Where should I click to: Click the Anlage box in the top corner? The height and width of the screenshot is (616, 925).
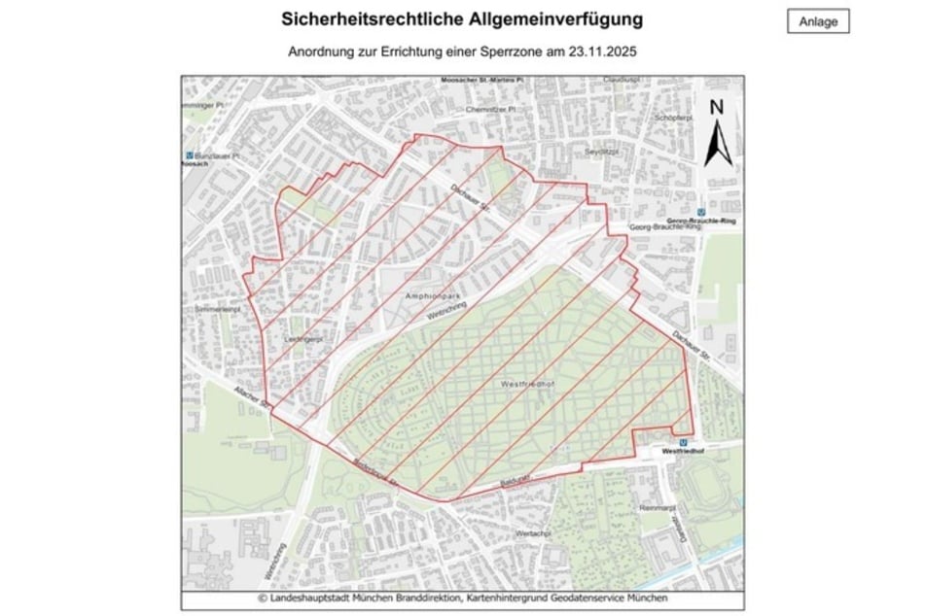[x=817, y=21]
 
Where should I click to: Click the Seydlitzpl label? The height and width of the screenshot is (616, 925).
[x=602, y=153]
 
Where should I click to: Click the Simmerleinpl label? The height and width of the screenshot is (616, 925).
[x=216, y=308]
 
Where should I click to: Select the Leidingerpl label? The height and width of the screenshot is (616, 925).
[x=305, y=339]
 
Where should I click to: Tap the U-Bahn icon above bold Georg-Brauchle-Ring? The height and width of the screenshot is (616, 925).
[x=701, y=212]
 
